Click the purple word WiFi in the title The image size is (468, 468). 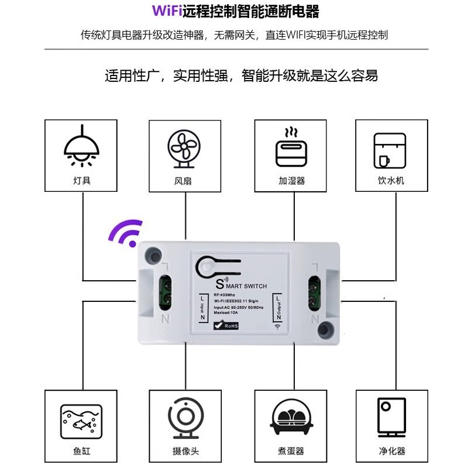point(167,11)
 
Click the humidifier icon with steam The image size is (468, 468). point(291,147)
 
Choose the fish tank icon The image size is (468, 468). point(81,421)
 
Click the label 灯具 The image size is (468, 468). point(82,180)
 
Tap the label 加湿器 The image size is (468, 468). point(291,181)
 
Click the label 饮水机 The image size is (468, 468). point(391,181)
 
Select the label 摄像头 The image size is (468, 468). point(186,451)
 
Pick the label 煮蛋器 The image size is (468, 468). point(291,451)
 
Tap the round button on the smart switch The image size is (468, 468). point(205,267)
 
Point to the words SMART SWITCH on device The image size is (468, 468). point(241,285)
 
